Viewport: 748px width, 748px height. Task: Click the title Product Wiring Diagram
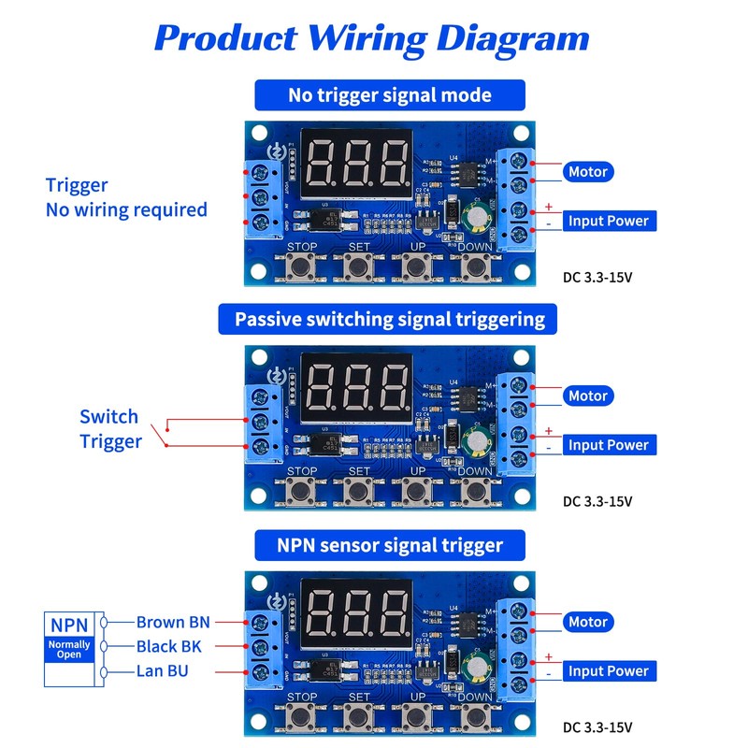point(372,38)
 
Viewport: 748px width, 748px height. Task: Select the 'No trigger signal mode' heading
point(390,95)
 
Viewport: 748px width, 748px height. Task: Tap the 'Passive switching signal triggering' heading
point(390,320)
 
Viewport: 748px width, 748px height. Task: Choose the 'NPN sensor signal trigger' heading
point(390,545)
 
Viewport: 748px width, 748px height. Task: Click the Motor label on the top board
point(588,172)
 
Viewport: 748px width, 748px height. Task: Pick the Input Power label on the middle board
point(608,445)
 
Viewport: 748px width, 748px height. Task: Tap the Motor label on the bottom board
point(588,622)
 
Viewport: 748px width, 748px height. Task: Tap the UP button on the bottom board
point(417,714)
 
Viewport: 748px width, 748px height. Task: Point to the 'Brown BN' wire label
point(173,622)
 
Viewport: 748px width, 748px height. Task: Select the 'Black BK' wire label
point(168,646)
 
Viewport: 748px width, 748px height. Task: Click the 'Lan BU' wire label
point(165,671)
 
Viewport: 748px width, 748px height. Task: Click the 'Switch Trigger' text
point(109,429)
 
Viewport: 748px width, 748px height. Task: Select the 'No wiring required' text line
point(126,209)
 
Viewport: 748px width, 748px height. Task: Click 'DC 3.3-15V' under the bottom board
point(597,726)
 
